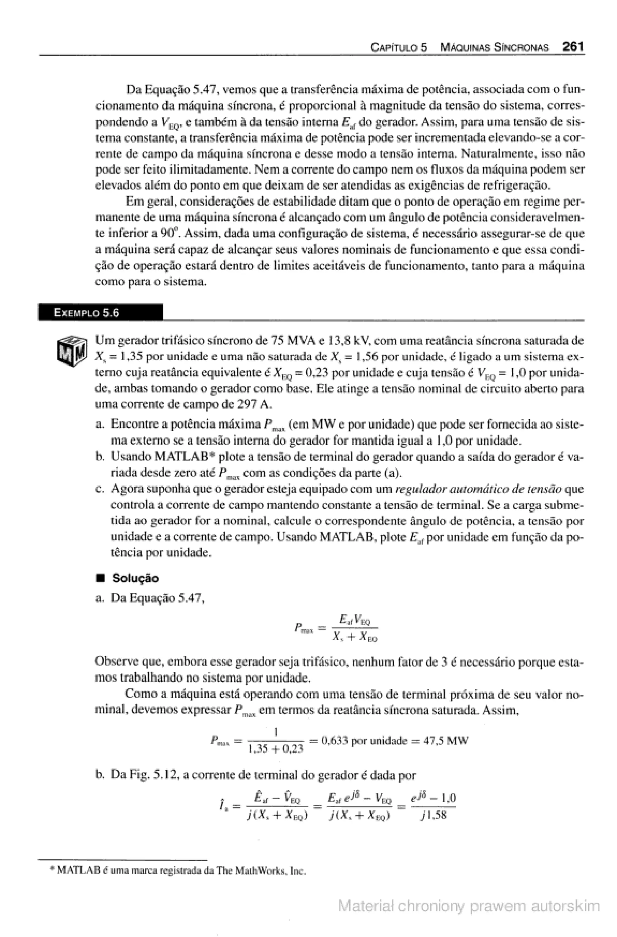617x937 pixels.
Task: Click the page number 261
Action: click(x=573, y=47)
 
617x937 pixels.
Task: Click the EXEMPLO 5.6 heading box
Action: click(x=100, y=313)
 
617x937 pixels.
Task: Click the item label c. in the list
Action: click(x=100, y=489)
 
